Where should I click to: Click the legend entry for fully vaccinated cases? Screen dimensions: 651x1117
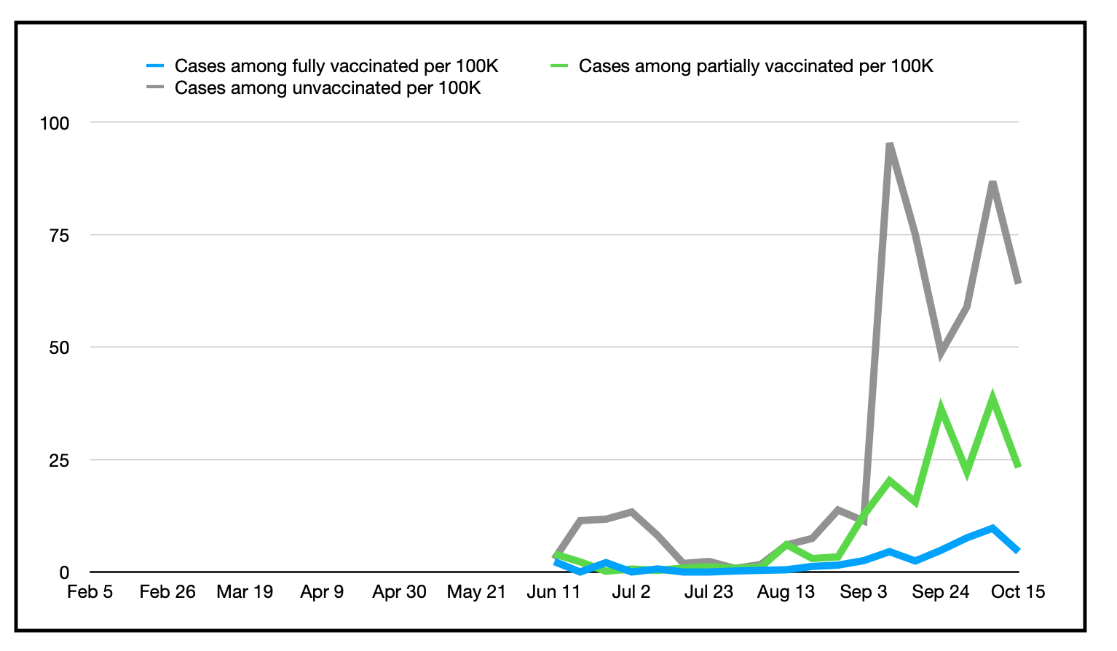click(x=336, y=66)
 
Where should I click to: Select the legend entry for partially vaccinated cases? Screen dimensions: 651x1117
click(x=755, y=66)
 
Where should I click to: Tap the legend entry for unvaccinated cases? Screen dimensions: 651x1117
click(x=327, y=88)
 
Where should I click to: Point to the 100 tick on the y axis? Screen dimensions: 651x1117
click(x=55, y=123)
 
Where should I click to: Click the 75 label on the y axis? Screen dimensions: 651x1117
click(x=59, y=235)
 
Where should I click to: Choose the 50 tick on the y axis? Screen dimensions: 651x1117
click(x=59, y=348)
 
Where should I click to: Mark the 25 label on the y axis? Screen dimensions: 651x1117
click(x=59, y=460)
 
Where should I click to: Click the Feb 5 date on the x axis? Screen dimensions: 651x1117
click(x=90, y=592)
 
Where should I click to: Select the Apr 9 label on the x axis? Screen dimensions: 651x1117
click(x=322, y=592)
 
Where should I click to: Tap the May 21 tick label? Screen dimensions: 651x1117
click(x=476, y=592)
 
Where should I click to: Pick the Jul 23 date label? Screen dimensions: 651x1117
click(x=708, y=592)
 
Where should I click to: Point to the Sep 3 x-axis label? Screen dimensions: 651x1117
click(x=863, y=592)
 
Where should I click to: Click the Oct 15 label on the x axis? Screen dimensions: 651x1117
click(x=1017, y=592)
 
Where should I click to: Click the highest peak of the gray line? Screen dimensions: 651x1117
click(x=889, y=145)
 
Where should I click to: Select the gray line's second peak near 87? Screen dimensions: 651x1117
click(x=992, y=182)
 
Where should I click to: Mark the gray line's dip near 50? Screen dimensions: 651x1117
click(x=941, y=354)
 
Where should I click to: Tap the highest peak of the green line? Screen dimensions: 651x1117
click(x=992, y=398)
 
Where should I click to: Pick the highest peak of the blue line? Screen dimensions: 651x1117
click(x=992, y=528)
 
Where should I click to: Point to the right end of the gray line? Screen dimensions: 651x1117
click(x=1018, y=283)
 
